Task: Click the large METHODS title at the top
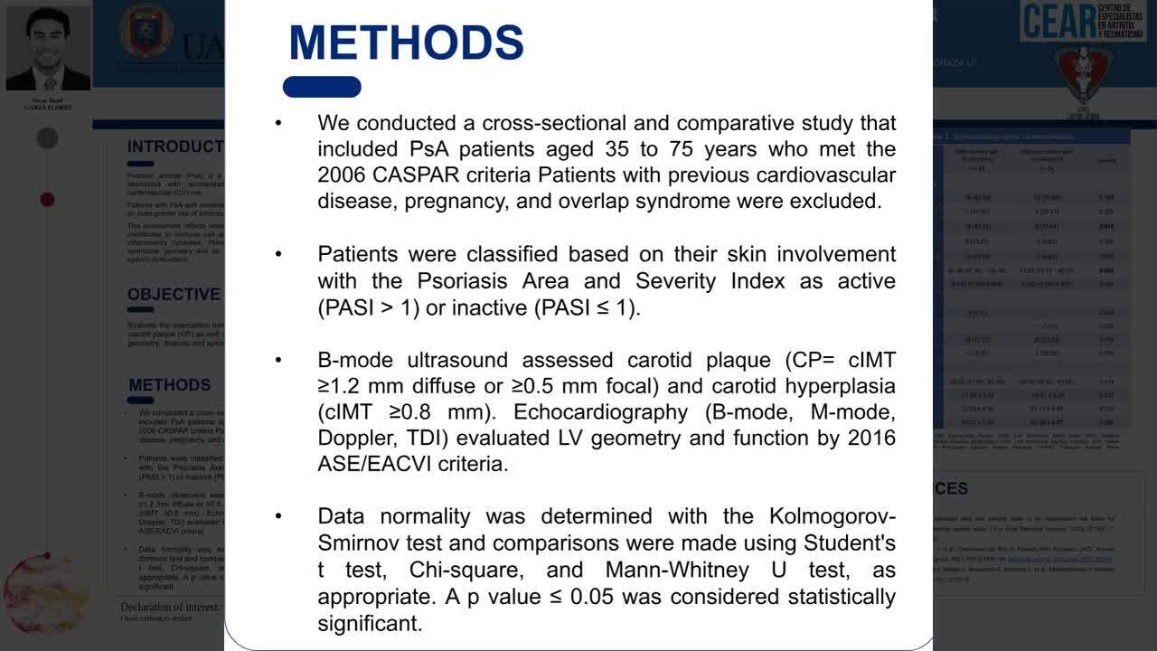click(x=406, y=42)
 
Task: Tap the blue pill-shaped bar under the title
click(x=322, y=87)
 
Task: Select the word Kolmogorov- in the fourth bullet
click(x=832, y=516)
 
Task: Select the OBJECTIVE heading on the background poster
click(x=174, y=295)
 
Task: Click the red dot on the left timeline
click(x=47, y=199)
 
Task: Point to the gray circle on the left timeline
click(x=47, y=138)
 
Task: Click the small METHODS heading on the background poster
click(x=170, y=385)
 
